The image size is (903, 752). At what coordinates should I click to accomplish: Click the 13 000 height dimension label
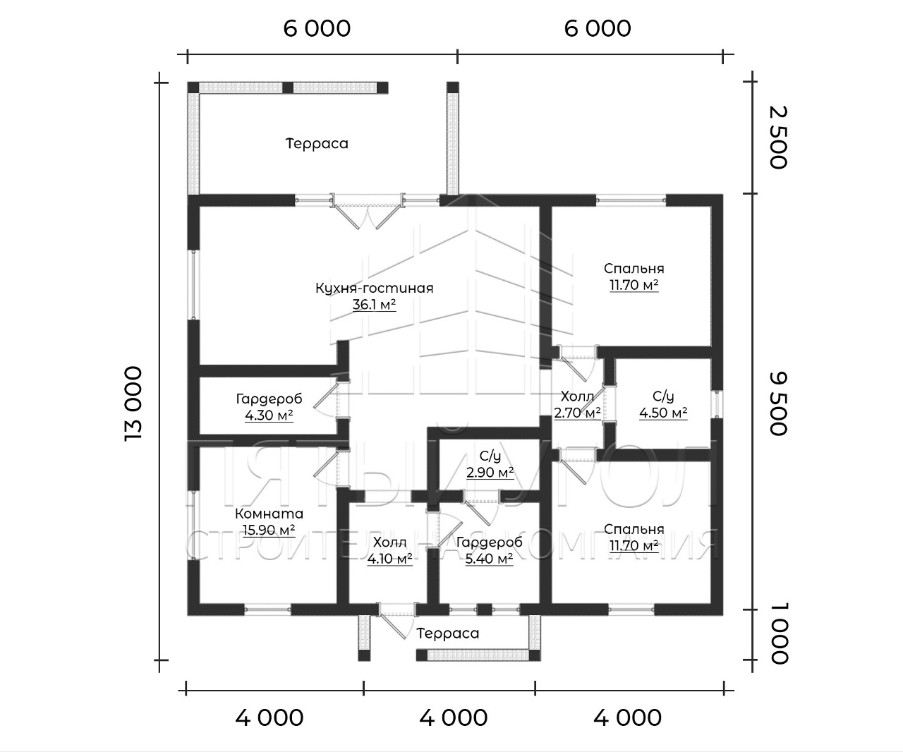(133, 404)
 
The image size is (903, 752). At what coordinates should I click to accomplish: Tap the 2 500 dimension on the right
(777, 137)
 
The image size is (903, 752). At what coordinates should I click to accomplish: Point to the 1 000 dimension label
(777, 634)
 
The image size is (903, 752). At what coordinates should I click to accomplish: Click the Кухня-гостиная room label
(374, 288)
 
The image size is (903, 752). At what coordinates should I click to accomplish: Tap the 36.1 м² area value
(374, 305)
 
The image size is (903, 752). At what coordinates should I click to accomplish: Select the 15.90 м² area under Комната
(269, 530)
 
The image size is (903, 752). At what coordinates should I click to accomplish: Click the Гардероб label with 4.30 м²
(269, 399)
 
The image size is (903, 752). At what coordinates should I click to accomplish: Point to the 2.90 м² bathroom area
(490, 472)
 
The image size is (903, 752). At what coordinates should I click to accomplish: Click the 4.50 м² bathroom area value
(663, 413)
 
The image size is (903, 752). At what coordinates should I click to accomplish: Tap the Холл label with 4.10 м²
(389, 542)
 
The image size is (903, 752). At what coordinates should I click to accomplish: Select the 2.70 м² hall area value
(577, 413)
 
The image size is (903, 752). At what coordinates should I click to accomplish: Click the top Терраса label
(317, 144)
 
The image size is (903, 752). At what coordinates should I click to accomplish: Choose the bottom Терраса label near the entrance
(447, 633)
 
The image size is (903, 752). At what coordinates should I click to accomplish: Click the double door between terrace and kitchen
(367, 212)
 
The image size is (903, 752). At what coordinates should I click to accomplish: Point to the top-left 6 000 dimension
(317, 28)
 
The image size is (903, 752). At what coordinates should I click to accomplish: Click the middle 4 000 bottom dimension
(453, 717)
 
